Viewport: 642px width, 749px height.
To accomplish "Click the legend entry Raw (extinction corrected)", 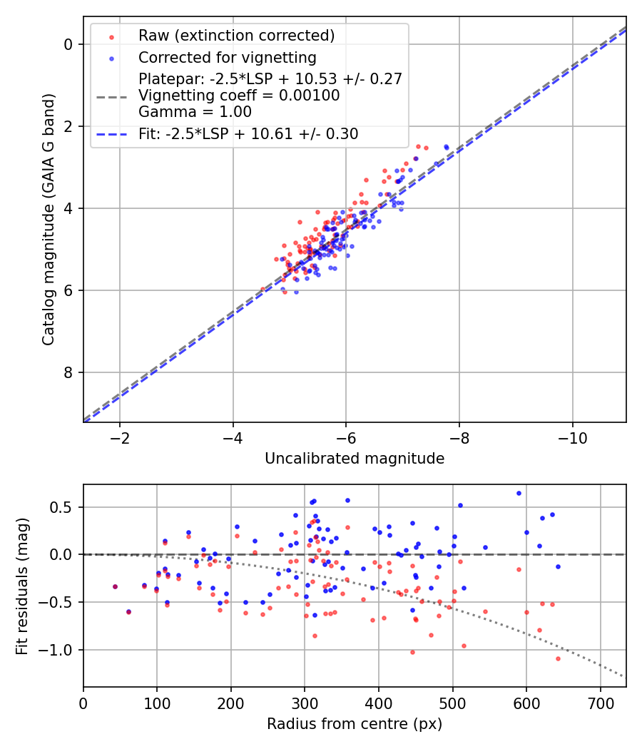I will pos(236,36).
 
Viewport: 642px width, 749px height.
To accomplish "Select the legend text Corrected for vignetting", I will pos(228,57).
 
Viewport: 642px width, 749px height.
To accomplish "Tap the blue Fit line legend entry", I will pos(248,133).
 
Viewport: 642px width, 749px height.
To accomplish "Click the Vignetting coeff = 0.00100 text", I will pos(239,95).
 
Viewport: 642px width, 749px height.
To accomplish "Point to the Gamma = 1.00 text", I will pos(195,111).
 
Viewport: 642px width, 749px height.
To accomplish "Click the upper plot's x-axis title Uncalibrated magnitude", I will pos(355,459).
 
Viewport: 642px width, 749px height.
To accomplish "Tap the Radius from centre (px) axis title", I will pos(355,724).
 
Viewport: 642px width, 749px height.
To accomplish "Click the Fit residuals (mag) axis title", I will pos(22,586).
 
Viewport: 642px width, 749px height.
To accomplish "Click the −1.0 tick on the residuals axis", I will pos(62,650).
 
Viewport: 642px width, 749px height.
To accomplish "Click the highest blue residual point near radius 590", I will pos(519,493).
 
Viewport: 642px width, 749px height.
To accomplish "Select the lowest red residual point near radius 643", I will pos(558,658).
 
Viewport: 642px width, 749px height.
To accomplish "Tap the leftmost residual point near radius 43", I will pos(115,586).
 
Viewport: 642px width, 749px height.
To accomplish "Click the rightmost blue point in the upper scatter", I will pos(446,147).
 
